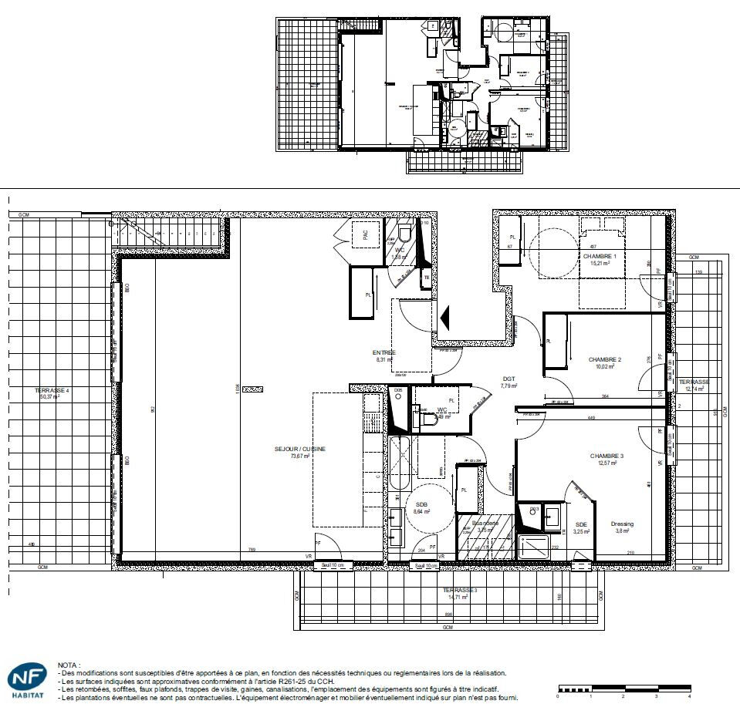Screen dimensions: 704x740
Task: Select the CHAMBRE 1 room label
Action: [x=600, y=256]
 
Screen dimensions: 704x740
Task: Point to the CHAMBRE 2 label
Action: [x=604, y=359]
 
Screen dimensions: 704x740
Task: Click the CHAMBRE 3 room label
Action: [x=606, y=456]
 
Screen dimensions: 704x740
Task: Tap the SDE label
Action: [x=581, y=524]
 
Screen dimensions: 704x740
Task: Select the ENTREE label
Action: [x=384, y=352]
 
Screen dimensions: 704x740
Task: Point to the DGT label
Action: [x=509, y=379]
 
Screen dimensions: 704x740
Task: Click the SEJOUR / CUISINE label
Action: [x=299, y=449]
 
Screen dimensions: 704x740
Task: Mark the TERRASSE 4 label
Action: [x=52, y=391]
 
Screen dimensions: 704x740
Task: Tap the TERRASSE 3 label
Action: [x=460, y=591]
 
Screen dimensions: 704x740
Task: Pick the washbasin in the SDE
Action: [x=552, y=517]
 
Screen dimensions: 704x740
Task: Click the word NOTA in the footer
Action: [x=69, y=664]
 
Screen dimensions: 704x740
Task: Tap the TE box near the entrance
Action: [x=426, y=278]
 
